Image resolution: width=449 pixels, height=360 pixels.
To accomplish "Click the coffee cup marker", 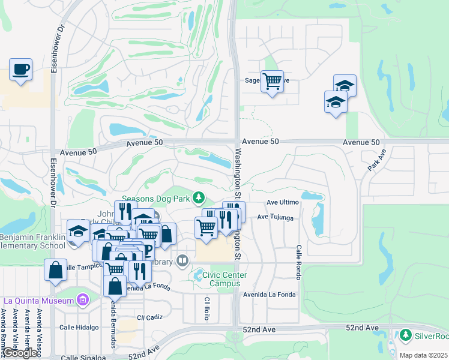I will coord(21,70).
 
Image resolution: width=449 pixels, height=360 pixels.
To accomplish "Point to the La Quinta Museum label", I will coord(38,300).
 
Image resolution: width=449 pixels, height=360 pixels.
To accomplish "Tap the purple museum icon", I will coord(83,299).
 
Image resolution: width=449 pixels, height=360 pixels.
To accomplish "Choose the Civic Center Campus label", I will coord(220,279).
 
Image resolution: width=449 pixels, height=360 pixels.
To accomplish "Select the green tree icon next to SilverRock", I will coord(406,335).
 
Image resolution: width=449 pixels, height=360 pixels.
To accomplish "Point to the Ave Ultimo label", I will coord(283,203).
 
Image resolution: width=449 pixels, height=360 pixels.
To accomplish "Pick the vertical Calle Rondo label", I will coord(297,262).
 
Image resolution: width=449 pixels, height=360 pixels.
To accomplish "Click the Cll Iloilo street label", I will coord(206,308).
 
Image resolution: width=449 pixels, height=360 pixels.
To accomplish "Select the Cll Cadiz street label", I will coord(149,317).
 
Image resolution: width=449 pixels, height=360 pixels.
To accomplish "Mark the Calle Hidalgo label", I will coord(78,328).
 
